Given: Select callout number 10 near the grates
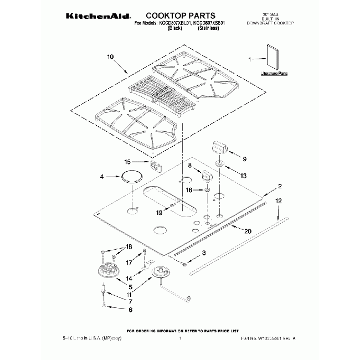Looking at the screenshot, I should point(110,57).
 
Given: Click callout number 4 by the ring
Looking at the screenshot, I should point(102,177).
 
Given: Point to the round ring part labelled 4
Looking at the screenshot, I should point(132,177).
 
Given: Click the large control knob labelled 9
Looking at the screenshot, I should point(220,148).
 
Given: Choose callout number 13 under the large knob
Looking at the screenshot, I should point(243,175).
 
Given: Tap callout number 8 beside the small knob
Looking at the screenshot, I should point(189,165).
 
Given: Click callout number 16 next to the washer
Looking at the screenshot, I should point(189,190).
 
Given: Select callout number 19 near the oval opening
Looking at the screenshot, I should point(159,212).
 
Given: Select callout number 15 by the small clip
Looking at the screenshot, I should point(127,162).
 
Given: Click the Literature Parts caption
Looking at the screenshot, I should point(275,73).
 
